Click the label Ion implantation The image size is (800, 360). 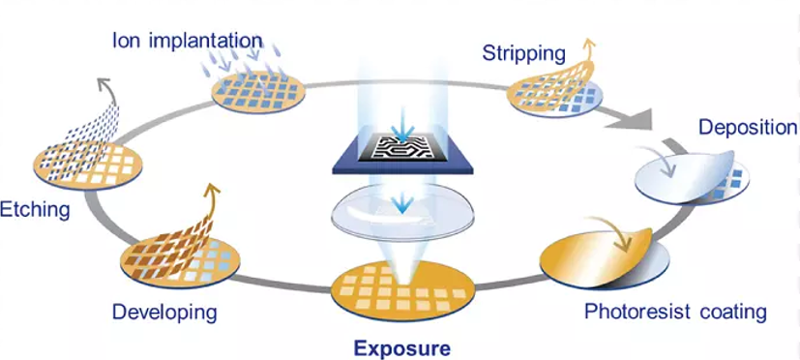pyautogui.click(x=188, y=41)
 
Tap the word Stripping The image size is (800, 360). pyautogui.click(x=524, y=53)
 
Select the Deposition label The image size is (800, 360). pyautogui.click(x=748, y=127)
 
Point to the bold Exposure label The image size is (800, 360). pyautogui.click(x=402, y=348)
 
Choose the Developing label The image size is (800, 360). pyautogui.click(x=164, y=312)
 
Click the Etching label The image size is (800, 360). pyautogui.click(x=34, y=210)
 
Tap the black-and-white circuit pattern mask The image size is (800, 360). pyautogui.click(x=402, y=147)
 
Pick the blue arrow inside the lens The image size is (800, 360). pyautogui.click(x=405, y=202)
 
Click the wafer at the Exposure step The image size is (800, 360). pyautogui.click(x=402, y=291)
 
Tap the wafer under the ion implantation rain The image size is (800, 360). pyautogui.click(x=258, y=93)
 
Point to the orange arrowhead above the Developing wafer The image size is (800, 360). pyautogui.click(x=214, y=190)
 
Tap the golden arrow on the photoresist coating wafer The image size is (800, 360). pyautogui.click(x=611, y=233)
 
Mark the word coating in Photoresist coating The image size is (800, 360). pyautogui.click(x=736, y=311)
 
